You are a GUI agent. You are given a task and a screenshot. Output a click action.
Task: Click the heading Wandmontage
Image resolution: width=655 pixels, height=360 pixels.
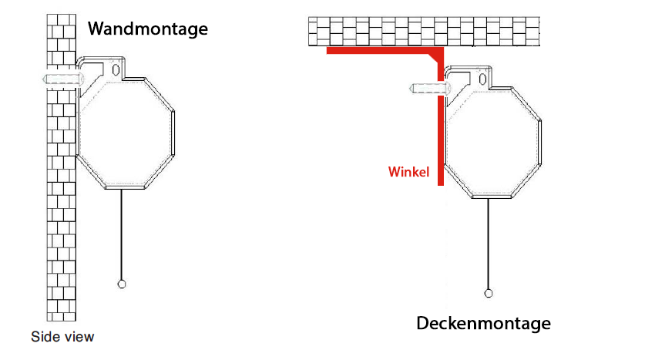148,29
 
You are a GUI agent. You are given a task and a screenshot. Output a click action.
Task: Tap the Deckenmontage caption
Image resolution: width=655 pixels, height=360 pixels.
483,324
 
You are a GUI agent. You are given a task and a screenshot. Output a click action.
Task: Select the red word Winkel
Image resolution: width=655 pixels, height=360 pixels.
408,172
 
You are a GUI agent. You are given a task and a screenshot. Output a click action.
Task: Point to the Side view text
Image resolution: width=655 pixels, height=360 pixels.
62,337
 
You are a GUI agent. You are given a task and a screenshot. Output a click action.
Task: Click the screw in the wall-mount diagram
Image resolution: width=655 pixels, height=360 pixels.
63,79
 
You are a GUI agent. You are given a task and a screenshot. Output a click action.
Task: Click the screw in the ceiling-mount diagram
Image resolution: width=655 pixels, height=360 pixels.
430,88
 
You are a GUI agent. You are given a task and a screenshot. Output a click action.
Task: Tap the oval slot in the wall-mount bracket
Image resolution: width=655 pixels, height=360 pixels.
116,69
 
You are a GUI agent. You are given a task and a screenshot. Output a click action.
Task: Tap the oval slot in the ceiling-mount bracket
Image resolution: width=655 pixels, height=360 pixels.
483,79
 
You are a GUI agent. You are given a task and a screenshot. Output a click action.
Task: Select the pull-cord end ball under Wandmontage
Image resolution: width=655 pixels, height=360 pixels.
122,284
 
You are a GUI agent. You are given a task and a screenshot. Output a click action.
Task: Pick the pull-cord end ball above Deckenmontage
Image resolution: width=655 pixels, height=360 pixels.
489,294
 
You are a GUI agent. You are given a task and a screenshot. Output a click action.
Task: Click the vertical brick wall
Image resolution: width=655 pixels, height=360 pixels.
62,167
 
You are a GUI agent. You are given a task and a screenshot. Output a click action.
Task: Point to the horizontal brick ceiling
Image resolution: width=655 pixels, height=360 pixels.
424,32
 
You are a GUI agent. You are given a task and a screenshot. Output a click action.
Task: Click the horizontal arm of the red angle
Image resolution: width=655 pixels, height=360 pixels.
385,51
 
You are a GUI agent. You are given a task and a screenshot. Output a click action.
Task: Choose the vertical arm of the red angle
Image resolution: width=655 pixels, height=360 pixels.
441,117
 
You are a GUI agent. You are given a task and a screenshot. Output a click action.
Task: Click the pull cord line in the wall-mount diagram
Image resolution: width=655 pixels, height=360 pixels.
122,234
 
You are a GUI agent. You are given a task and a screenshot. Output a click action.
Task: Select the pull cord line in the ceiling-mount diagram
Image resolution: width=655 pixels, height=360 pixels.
489,244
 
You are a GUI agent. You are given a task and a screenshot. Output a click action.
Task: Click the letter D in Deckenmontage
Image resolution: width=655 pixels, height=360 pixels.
423,323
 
